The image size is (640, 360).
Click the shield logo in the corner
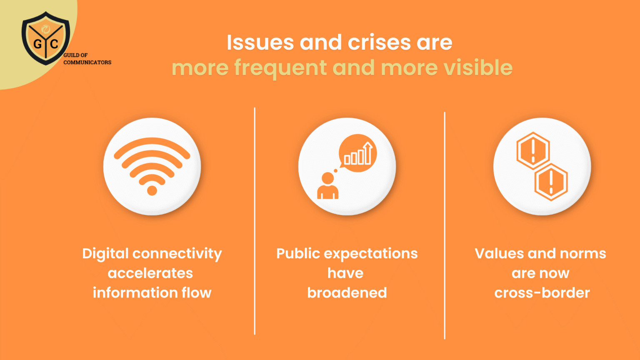coord(46,38)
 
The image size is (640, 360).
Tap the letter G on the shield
coord(37,43)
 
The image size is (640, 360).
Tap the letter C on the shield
coord(54,43)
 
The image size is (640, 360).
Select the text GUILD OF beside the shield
coord(75,55)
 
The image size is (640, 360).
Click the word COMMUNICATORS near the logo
coord(87,62)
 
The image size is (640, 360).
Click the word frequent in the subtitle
coord(280,67)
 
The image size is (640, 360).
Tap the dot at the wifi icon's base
coord(152,191)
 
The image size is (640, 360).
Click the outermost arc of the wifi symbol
coord(152,143)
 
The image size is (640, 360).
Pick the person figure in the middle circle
coord(328,186)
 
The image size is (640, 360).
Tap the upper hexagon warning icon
coord(533,150)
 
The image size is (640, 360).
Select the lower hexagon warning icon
coord(551,182)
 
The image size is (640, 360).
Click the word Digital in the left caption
coord(105,254)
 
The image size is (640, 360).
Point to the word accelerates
coord(150,273)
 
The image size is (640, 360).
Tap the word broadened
coord(347,293)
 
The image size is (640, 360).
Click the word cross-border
coord(542,293)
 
